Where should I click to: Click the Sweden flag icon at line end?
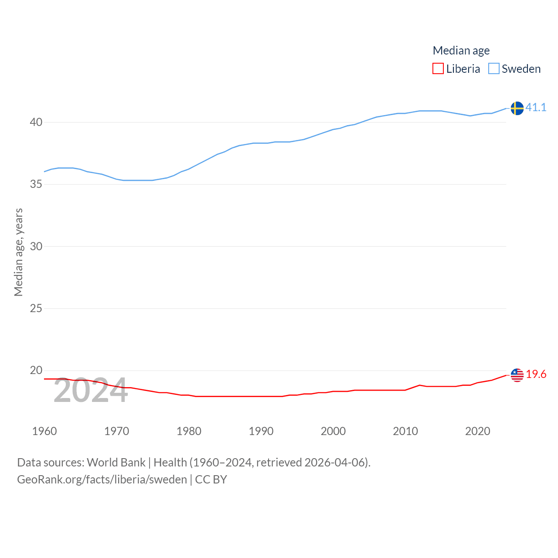click(517, 108)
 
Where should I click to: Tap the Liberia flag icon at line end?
click(517, 375)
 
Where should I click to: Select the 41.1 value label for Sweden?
click(536, 107)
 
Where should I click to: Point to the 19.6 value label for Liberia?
click(536, 374)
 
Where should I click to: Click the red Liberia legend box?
click(438, 69)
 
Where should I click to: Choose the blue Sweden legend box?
click(493, 69)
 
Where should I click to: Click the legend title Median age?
click(461, 51)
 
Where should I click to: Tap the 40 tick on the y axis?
click(36, 122)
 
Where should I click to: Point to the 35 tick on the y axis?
click(36, 184)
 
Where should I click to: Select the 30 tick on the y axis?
click(36, 246)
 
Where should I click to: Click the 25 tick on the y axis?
click(36, 309)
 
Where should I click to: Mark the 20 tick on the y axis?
click(36, 371)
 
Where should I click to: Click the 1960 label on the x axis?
click(44, 431)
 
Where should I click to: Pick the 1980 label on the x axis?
click(189, 431)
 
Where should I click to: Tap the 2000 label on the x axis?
click(333, 431)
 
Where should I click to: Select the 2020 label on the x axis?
click(477, 431)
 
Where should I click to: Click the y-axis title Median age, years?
click(18, 252)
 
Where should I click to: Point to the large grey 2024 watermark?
click(91, 391)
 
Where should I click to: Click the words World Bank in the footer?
click(116, 463)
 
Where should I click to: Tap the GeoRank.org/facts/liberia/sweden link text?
click(102, 480)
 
